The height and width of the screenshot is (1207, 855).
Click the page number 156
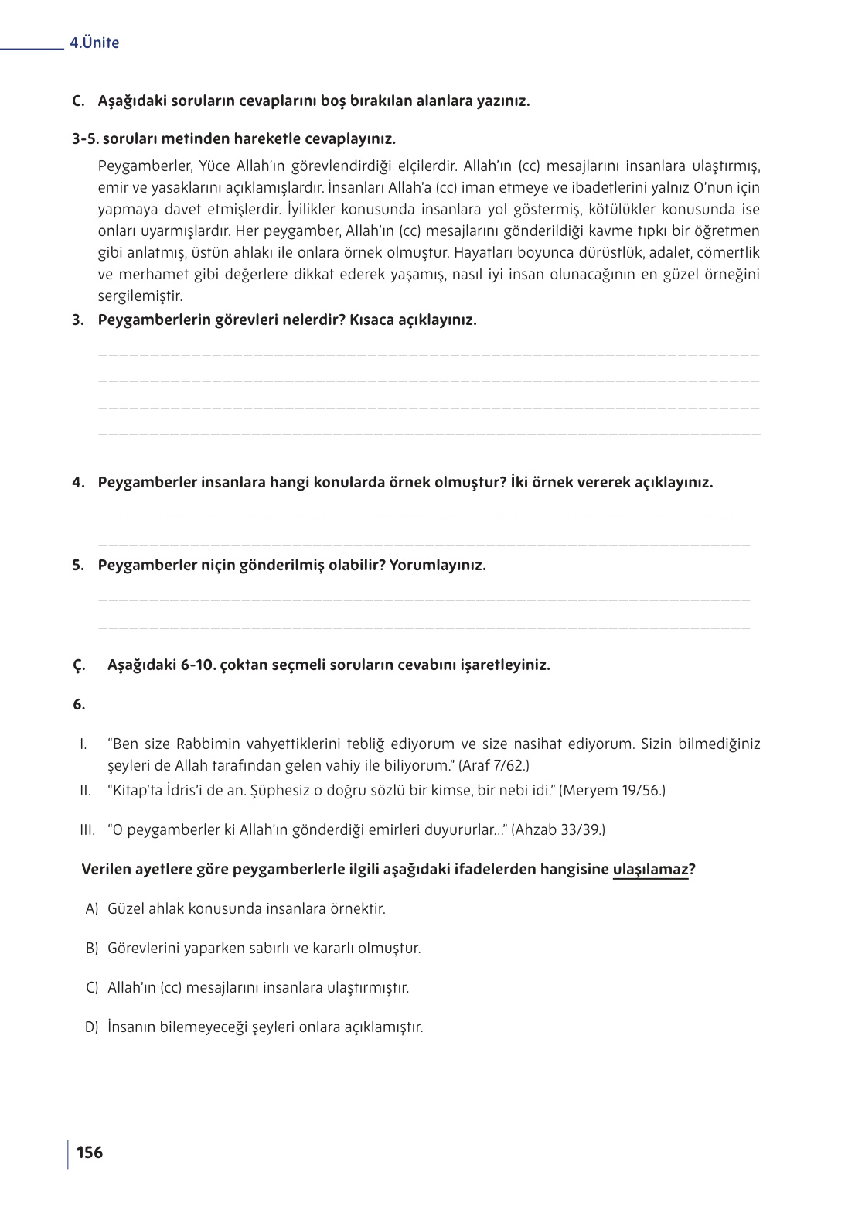click(90, 1153)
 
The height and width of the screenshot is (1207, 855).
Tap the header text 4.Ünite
click(94, 43)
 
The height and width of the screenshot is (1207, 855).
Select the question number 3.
click(77, 320)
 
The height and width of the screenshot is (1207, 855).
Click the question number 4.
click(77, 483)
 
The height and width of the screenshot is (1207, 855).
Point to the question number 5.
click(77, 566)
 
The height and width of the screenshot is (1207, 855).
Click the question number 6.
click(78, 705)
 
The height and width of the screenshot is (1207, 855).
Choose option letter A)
click(92, 909)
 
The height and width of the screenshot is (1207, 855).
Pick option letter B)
click(92, 949)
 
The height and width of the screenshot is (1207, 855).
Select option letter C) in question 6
click(92, 988)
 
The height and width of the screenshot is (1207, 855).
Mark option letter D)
click(92, 1027)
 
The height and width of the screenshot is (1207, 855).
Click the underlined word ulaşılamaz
click(650, 870)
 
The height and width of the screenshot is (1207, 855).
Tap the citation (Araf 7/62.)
click(494, 766)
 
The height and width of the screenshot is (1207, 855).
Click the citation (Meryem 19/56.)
click(612, 791)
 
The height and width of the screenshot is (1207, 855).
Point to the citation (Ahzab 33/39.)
click(558, 830)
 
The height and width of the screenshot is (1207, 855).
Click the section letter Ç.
click(78, 665)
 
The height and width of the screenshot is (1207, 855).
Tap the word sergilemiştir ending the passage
click(140, 296)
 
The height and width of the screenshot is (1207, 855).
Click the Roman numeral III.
click(87, 830)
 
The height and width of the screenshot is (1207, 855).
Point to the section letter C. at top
click(77, 101)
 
